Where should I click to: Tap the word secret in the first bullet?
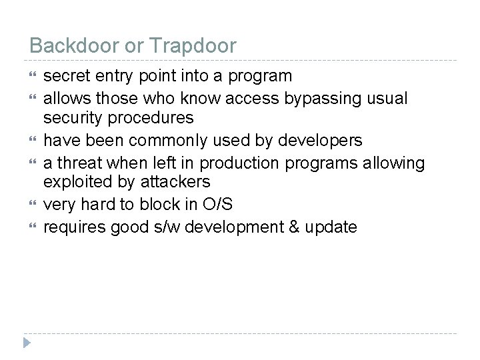66,76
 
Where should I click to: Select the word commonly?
169,141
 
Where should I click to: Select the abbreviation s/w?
171,227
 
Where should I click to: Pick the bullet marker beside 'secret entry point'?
33,76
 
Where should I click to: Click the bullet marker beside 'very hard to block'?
33,205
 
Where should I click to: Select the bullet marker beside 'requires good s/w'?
33,227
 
